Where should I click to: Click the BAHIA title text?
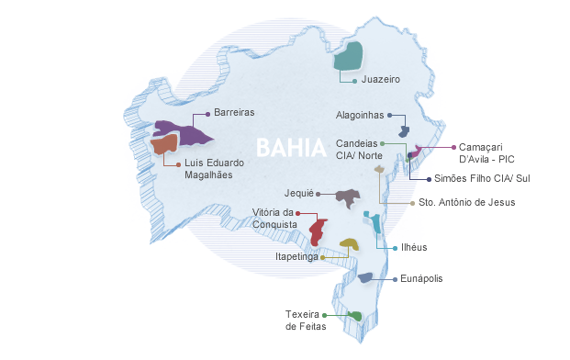290,148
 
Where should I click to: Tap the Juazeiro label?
380,81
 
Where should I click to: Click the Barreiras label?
233,113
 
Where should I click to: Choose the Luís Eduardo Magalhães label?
214,170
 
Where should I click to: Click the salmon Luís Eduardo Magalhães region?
164,144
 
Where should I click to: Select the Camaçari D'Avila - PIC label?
486,152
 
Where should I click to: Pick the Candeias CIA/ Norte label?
358,150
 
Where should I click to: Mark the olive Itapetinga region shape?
349,243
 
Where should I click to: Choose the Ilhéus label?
414,247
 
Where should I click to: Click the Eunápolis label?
423,277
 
